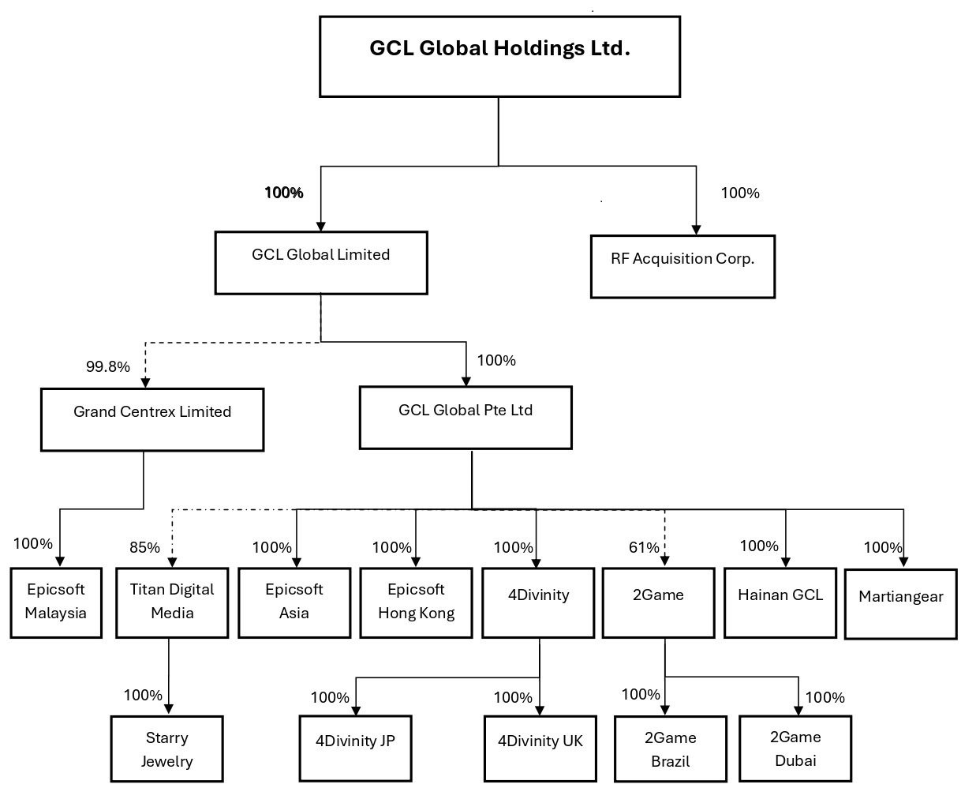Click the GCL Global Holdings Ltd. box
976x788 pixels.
pos(499,57)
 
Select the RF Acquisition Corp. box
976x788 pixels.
pos(682,266)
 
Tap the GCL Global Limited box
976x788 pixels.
pos(321,263)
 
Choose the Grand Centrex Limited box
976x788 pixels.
pos(152,419)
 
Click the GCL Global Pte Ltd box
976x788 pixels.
pos(466,418)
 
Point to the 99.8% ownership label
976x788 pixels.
pos(108,366)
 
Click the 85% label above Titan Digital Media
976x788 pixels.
pos(144,547)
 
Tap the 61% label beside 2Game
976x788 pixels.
pos(644,547)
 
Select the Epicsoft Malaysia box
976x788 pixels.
pos(56,602)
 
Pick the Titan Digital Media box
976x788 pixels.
pos(172,602)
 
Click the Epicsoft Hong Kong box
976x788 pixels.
pos(417,602)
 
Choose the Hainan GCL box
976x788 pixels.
pos(780,602)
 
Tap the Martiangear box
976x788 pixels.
pos(901,604)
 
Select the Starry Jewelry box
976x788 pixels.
pos(167,749)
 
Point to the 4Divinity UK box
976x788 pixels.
pos(540,749)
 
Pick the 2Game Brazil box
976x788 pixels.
pos(671,749)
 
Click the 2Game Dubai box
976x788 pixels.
pos(795,749)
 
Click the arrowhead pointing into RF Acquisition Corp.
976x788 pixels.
pos(696,230)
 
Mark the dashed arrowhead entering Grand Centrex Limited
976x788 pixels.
pos(145,383)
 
